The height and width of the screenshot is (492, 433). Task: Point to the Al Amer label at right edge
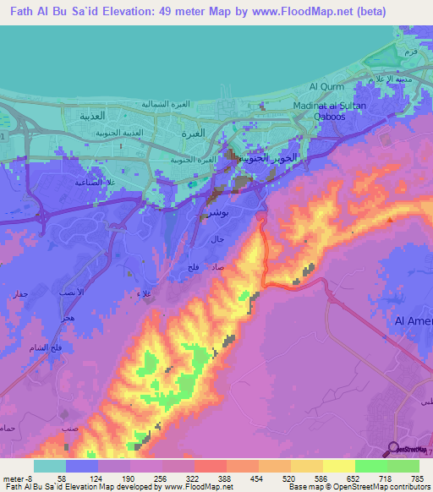pyautogui.click(x=414, y=321)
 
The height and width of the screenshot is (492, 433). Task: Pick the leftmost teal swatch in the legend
pyautogui.click(x=50, y=466)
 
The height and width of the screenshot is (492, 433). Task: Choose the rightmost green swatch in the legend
pyautogui.click(x=403, y=466)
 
